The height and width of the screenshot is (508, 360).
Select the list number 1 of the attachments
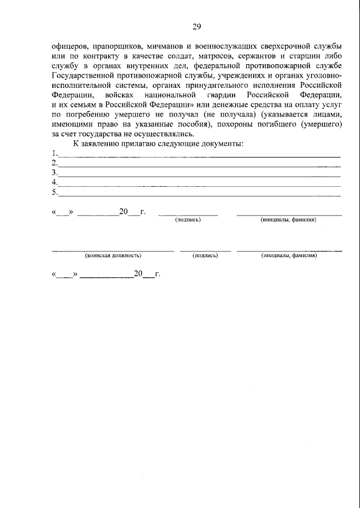54,153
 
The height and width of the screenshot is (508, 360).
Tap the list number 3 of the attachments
54,173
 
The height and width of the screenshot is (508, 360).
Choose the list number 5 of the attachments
54,192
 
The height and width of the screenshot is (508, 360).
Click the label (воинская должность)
112,255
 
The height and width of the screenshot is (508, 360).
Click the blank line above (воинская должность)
112,249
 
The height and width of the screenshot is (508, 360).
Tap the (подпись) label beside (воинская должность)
205,255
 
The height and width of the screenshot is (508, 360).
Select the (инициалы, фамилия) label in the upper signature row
289,219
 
